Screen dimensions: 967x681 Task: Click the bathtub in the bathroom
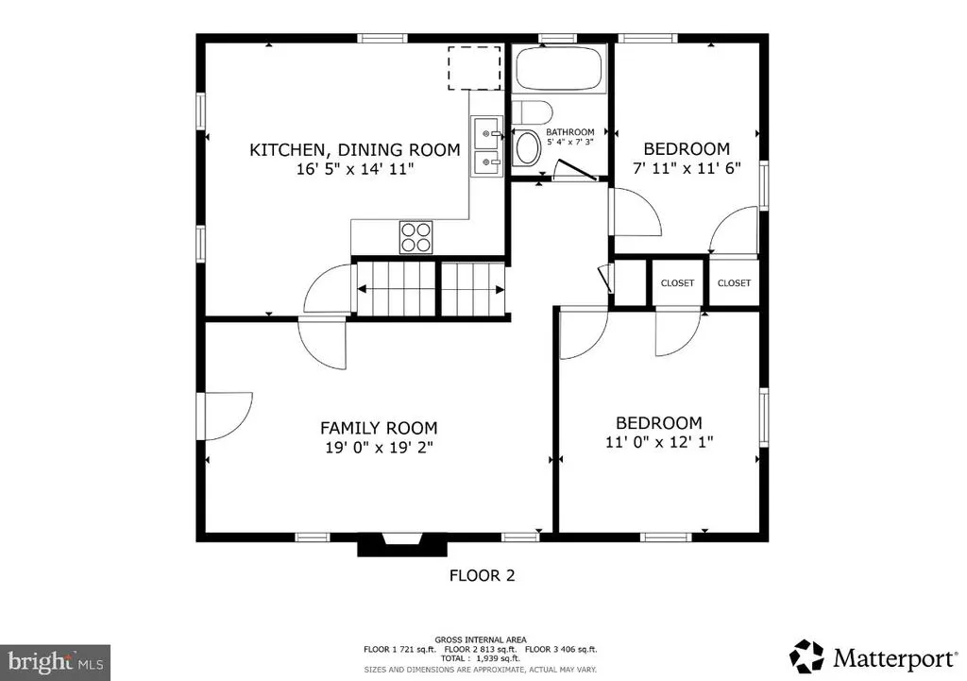(x=558, y=69)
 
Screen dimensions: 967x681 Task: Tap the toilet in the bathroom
(x=532, y=113)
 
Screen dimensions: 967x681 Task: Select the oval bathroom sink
(x=527, y=148)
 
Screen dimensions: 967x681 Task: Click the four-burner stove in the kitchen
(x=416, y=237)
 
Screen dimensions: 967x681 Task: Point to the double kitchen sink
(x=487, y=146)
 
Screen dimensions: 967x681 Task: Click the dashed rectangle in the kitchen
(x=474, y=68)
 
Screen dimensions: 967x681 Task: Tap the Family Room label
(x=379, y=428)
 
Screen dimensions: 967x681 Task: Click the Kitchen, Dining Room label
(x=355, y=149)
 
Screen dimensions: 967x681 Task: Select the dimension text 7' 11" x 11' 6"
(x=687, y=168)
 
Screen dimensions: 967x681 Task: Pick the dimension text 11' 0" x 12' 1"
(x=659, y=442)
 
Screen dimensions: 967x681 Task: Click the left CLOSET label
(x=677, y=283)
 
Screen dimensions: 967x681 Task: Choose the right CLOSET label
(x=734, y=283)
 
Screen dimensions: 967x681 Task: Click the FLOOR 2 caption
(x=482, y=575)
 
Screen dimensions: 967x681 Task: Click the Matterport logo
(x=873, y=657)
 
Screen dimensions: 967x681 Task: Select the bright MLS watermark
(x=56, y=663)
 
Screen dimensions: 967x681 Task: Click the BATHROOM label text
(x=569, y=132)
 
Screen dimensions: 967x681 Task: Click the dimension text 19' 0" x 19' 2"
(x=380, y=447)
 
